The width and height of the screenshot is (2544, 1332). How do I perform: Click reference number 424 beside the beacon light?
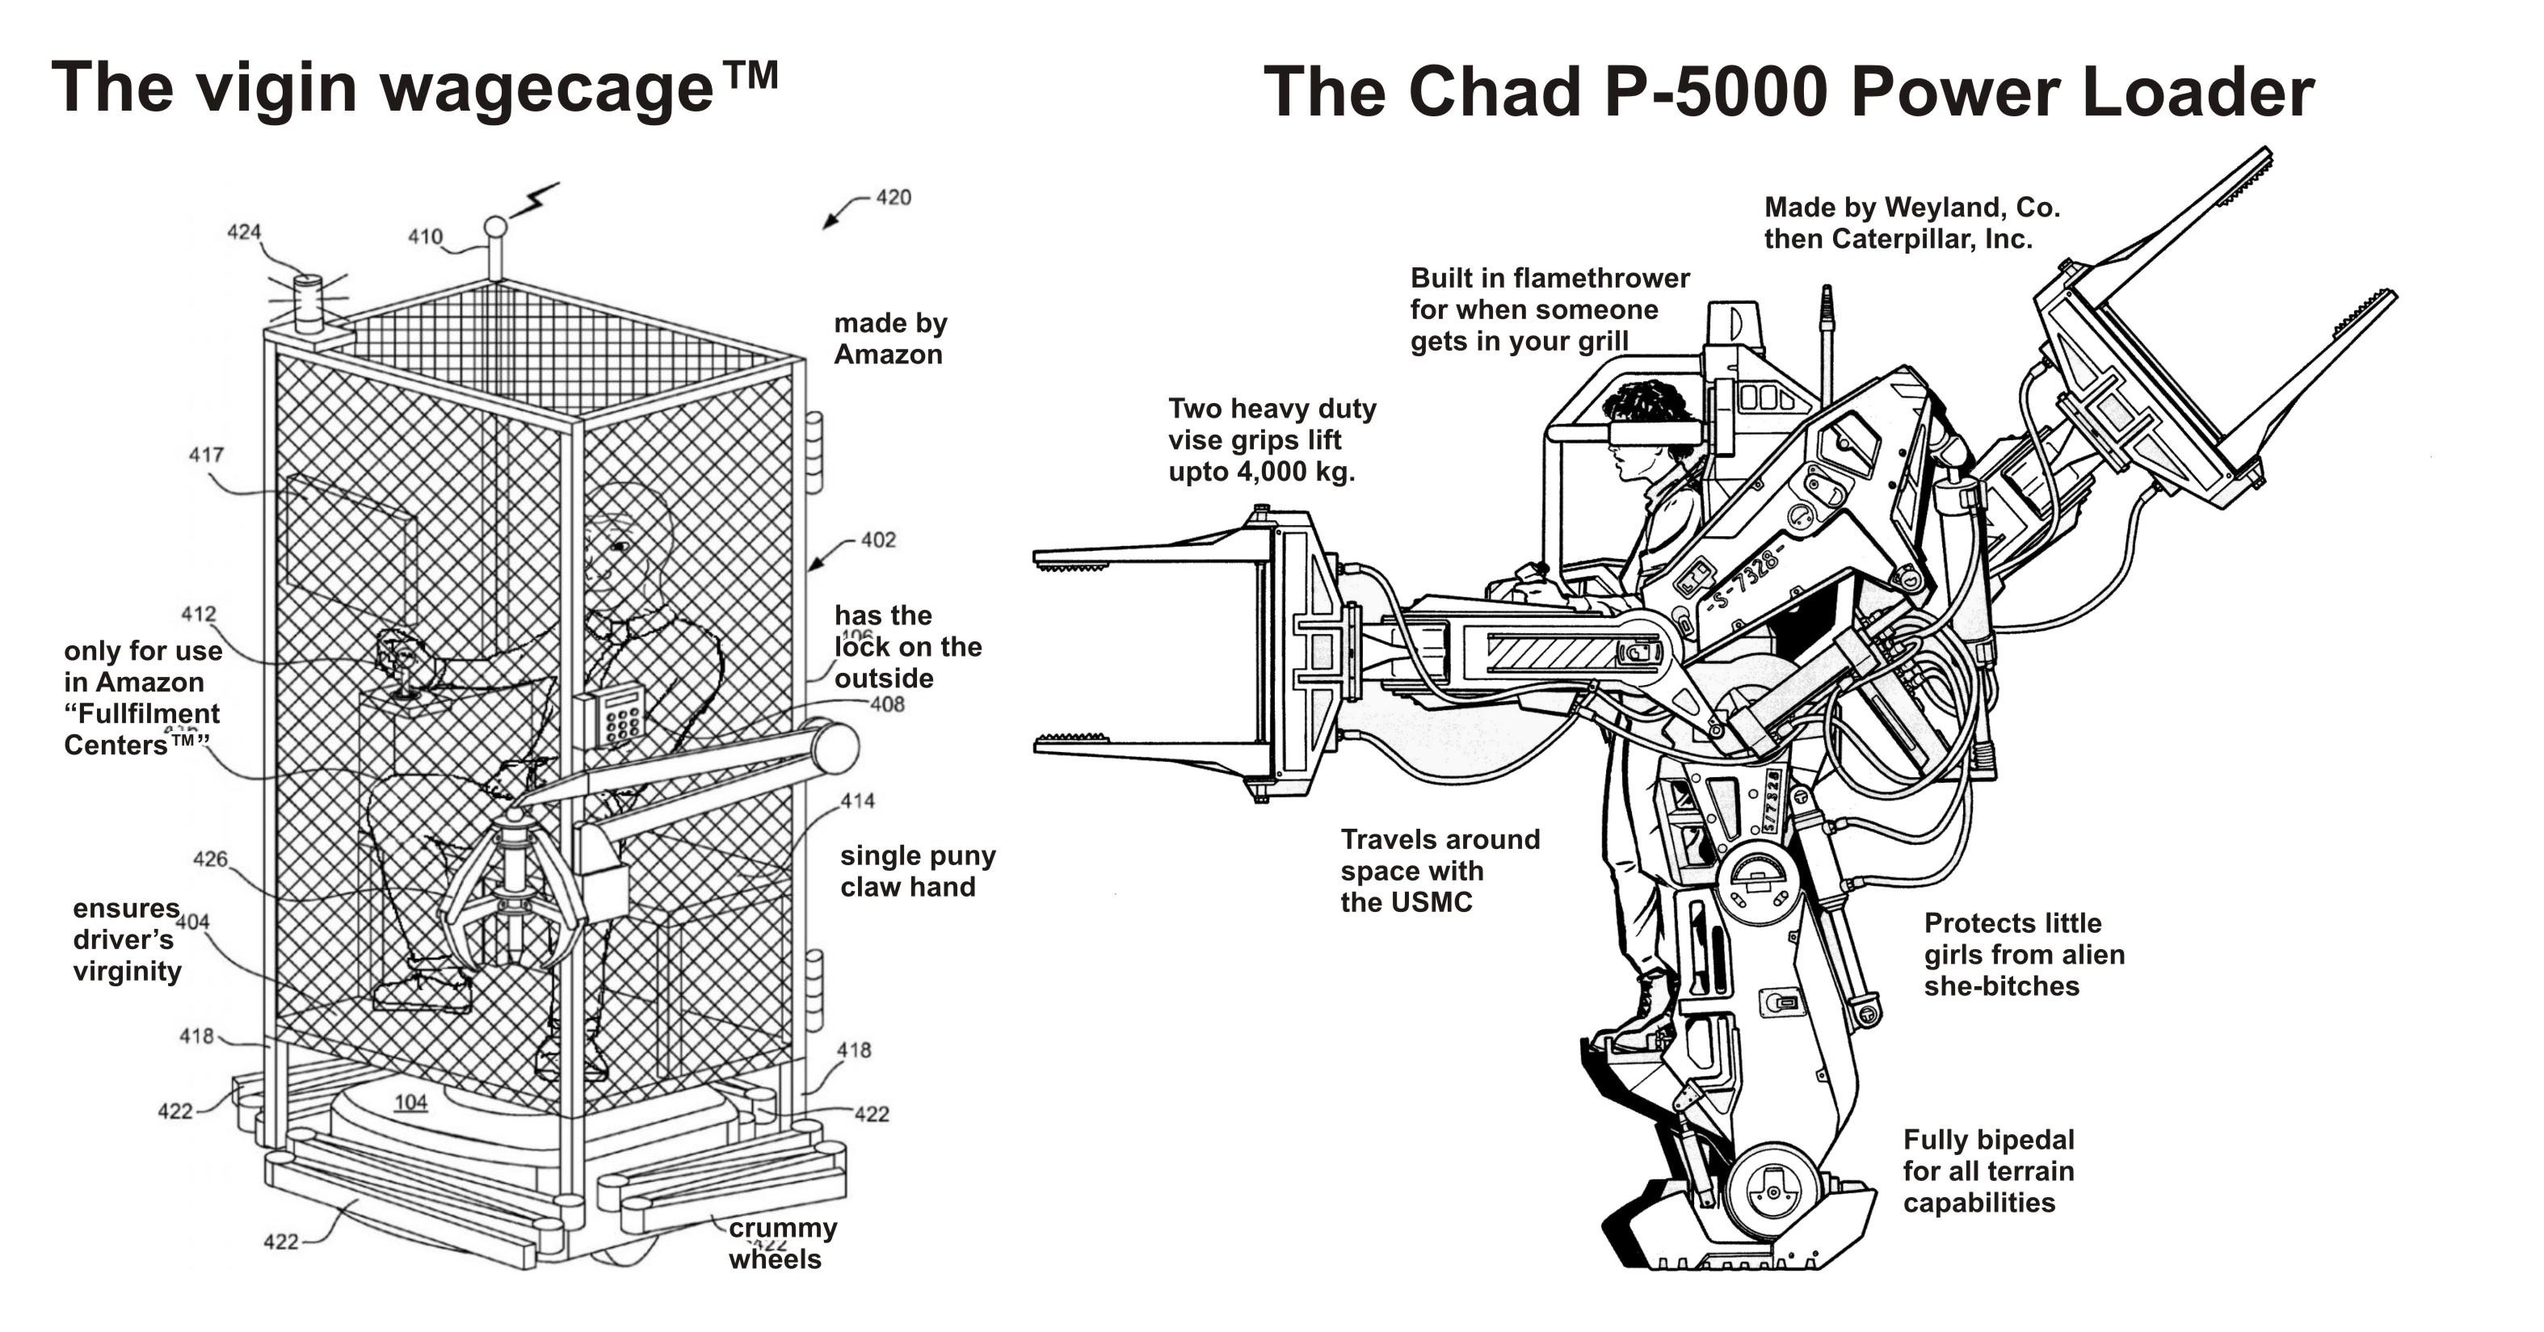[x=244, y=232]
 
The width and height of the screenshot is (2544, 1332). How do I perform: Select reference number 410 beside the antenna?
[x=425, y=237]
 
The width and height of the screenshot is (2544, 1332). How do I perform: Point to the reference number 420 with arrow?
[x=893, y=197]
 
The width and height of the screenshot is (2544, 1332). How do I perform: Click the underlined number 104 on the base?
[x=411, y=1103]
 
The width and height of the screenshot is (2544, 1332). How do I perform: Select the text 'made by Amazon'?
[x=889, y=338]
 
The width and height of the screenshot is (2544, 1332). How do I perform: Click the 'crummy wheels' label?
[x=781, y=1243]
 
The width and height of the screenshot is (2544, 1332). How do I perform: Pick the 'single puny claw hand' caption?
[x=916, y=871]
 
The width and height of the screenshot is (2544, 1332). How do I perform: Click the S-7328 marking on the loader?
[x=1746, y=580]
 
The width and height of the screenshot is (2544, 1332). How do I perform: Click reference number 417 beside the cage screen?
[x=206, y=456]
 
